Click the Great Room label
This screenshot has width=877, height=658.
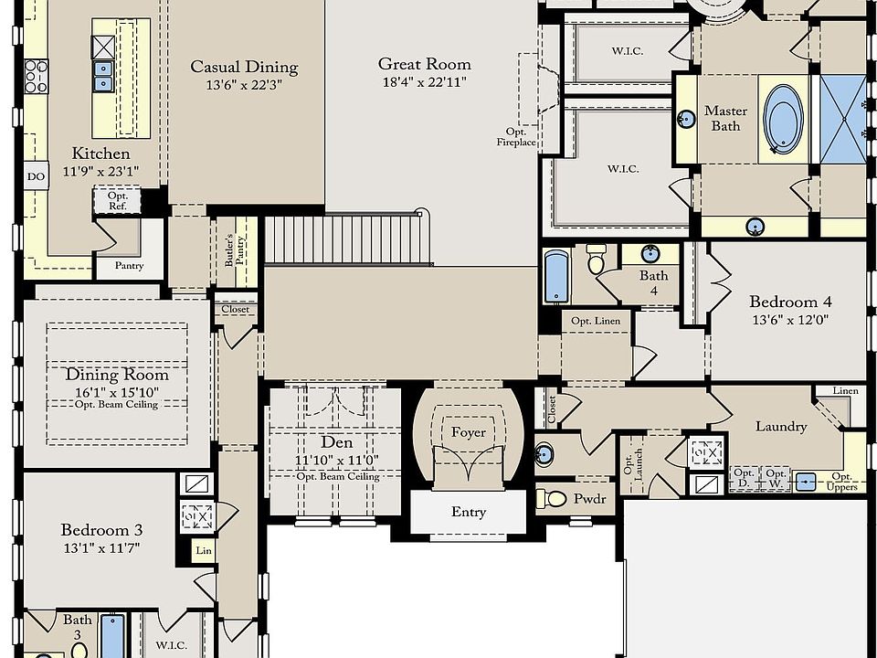tap(425, 64)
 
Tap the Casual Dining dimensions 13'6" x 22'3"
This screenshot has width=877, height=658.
tap(244, 85)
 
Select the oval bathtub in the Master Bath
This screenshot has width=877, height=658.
tap(783, 119)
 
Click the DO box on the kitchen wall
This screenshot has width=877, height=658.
tap(36, 176)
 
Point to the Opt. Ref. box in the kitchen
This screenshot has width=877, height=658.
tap(118, 201)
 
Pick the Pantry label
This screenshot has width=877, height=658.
tap(129, 266)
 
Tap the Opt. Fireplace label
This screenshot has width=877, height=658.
tap(515, 137)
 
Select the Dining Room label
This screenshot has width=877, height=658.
tap(117, 375)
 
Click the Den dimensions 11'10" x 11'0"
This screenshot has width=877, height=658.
tap(337, 460)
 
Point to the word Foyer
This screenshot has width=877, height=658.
tap(469, 432)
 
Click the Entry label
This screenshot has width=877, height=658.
tap(469, 512)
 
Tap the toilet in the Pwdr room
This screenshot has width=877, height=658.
tap(552, 498)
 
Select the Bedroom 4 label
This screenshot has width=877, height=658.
tap(790, 302)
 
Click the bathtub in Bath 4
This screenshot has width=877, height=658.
tap(556, 276)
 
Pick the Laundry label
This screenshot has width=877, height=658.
tap(781, 427)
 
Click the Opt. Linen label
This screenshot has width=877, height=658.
tap(596, 321)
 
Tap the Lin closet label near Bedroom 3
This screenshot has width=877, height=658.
tap(204, 550)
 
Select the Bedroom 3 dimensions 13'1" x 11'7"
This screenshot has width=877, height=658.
tap(101, 547)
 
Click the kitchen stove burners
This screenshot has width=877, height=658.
tap(37, 76)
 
